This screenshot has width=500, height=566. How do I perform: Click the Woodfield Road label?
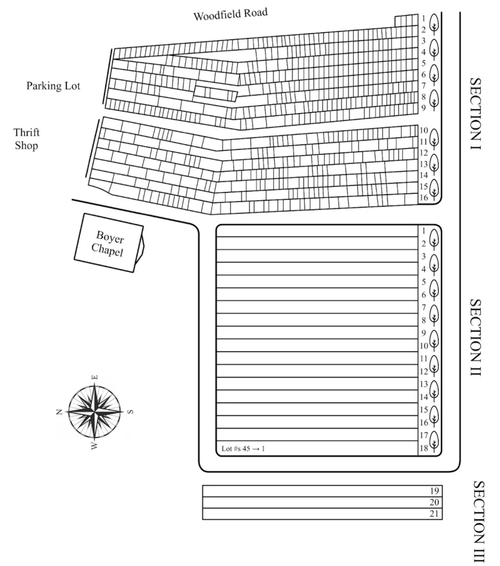[x=230, y=14]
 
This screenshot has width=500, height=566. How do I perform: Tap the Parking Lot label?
[x=54, y=86]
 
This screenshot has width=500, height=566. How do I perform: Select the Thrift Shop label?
[x=26, y=139]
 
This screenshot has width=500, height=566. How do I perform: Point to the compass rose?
[x=94, y=411]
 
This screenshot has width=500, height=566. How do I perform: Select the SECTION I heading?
[x=475, y=114]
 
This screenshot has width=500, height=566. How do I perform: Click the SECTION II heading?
[x=475, y=337]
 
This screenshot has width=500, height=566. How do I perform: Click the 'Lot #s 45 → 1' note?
[x=243, y=448]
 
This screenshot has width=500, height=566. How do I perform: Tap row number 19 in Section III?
[x=434, y=491]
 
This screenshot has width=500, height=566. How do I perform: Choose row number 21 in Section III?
[x=434, y=514]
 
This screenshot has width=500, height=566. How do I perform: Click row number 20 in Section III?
[x=434, y=502]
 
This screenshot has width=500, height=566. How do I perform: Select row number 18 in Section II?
[x=424, y=448]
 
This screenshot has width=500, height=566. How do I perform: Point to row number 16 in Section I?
[x=423, y=198]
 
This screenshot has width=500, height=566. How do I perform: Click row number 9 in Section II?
[x=424, y=333]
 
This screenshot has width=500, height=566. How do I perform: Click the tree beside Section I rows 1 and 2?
[x=434, y=23]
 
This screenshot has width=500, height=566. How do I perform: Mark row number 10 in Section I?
[x=423, y=130]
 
